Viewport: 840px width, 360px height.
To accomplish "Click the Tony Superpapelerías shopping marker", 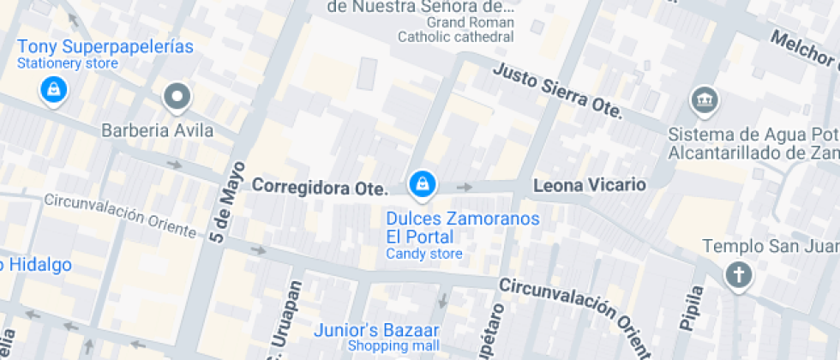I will click(x=53, y=89).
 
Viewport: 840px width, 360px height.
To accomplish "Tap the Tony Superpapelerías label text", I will click(x=105, y=47).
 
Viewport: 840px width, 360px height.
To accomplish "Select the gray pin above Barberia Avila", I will click(x=177, y=98).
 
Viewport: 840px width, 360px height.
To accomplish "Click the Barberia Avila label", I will click(x=157, y=131).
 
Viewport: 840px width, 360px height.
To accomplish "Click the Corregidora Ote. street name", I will click(x=320, y=186).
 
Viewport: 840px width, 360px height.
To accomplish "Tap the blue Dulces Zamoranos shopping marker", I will click(x=422, y=183).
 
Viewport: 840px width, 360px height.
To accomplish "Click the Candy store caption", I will click(x=423, y=254).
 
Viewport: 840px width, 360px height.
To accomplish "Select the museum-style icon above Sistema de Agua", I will click(x=705, y=99).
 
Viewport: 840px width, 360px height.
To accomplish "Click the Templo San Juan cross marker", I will click(x=737, y=275).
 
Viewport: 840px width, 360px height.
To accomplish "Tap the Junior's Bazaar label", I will click(x=376, y=330).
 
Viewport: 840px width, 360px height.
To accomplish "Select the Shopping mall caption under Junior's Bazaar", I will click(x=393, y=346).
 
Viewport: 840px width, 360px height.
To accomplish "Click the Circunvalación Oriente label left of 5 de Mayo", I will click(x=119, y=215).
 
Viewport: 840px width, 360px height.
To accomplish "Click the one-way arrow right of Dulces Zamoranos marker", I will click(x=465, y=187).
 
